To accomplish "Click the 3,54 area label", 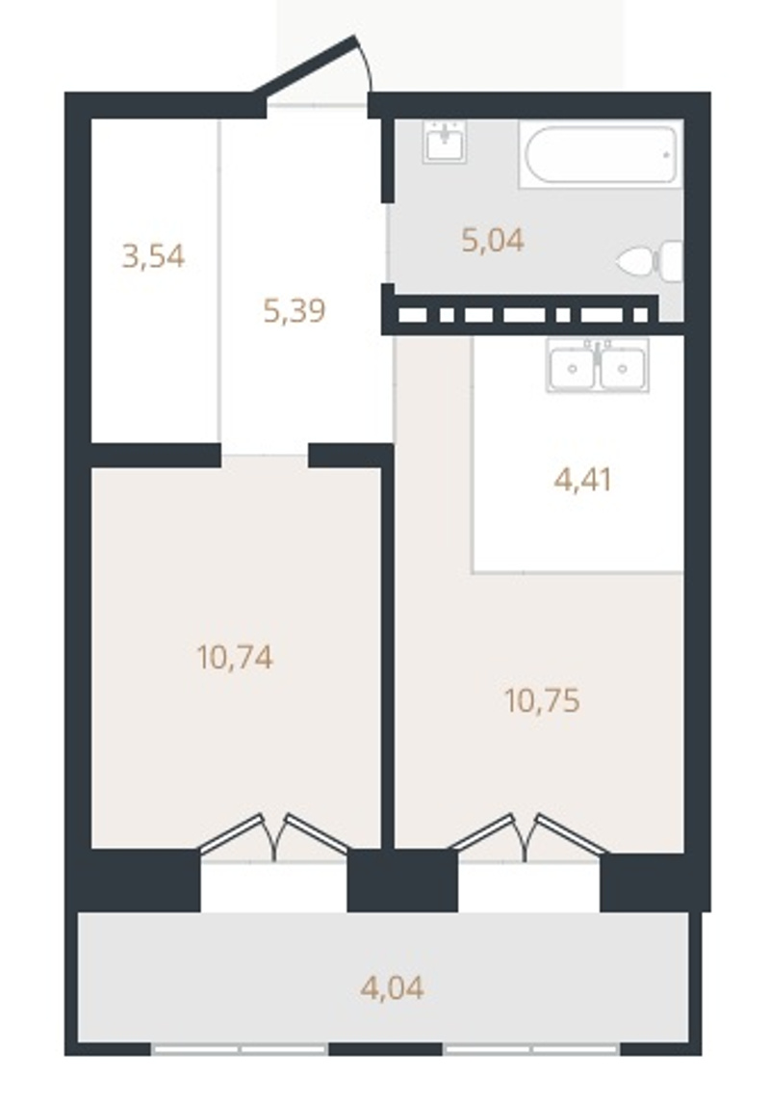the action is click(153, 256).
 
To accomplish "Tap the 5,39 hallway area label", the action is click(295, 310).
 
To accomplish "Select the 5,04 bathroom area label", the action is click(493, 241).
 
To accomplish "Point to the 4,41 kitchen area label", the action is click(583, 480).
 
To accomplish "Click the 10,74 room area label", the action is click(235, 658).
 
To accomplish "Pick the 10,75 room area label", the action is click(542, 701).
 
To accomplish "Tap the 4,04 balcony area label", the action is click(393, 987).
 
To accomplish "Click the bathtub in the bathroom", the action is click(601, 154).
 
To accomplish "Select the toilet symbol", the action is click(651, 262).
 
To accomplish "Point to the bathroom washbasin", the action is click(445, 142).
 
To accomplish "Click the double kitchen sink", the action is click(598, 365).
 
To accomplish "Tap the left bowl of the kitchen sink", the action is click(572, 368).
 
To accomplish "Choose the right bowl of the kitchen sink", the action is click(623, 368).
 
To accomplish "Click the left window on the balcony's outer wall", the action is click(239, 1049).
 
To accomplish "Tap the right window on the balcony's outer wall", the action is click(531, 1049).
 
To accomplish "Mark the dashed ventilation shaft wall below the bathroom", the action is click(521, 315).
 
